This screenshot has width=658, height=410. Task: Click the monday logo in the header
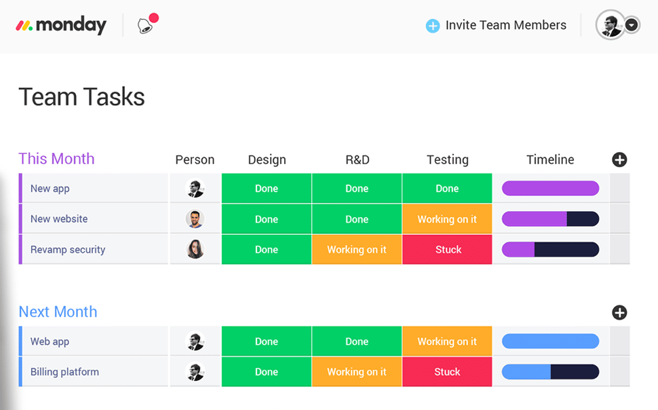point(61,26)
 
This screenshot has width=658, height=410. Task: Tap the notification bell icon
point(144,26)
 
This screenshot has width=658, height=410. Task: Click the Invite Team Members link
point(497,25)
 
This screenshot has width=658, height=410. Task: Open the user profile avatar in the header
point(611,25)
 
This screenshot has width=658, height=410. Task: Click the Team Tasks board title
point(81,97)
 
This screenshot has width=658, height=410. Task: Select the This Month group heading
point(56,159)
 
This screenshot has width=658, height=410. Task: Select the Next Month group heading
point(58,312)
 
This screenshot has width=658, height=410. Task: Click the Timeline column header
point(550,160)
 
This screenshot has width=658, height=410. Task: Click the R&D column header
point(357,160)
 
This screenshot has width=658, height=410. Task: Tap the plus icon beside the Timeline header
point(619,160)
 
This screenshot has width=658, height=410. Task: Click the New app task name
point(50,189)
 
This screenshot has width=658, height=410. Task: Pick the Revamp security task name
point(68,250)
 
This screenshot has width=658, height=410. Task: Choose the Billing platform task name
point(64,372)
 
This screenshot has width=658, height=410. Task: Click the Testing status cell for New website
point(447,219)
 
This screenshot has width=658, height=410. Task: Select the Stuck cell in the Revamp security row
point(447,250)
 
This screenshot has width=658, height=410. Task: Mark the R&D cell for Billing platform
point(357,372)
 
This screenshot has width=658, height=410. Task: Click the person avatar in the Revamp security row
point(195,250)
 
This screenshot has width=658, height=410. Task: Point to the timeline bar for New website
point(550,219)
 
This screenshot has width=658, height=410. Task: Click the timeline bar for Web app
point(550,341)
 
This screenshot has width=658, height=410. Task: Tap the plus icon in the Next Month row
point(619,312)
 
